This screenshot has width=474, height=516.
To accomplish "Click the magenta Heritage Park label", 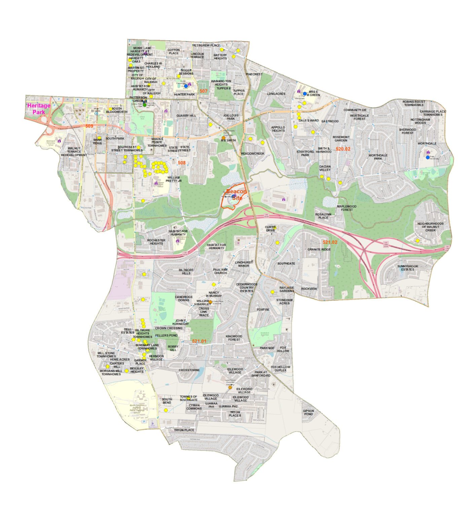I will [39, 109].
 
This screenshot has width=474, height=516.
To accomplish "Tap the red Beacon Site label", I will [236, 195].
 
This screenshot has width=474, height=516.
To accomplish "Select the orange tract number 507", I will [203, 91].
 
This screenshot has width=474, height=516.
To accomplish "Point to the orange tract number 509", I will [89, 126].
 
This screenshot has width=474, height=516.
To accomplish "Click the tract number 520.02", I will [343, 149].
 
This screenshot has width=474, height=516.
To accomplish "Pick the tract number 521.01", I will [199, 341].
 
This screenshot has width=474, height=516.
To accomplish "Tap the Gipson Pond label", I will [308, 412].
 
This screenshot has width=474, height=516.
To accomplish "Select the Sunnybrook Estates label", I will [407, 268].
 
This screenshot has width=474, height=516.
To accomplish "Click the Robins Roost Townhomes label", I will [414, 103].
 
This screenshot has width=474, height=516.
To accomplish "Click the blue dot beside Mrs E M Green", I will [305, 94].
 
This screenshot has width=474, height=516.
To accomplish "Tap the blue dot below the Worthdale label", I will [428, 157].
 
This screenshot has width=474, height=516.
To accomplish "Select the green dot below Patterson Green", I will [145, 105].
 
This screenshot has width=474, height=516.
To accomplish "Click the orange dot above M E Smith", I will [223, 138].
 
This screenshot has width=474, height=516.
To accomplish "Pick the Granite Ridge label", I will [319, 249].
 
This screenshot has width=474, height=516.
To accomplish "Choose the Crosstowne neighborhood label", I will [189, 370].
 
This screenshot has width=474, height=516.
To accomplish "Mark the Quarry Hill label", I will [186, 116].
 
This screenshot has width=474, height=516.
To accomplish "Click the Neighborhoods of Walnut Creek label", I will [430, 227].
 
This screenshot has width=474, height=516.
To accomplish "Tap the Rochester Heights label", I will [156, 242].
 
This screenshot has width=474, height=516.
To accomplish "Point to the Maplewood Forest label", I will [347, 208].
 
